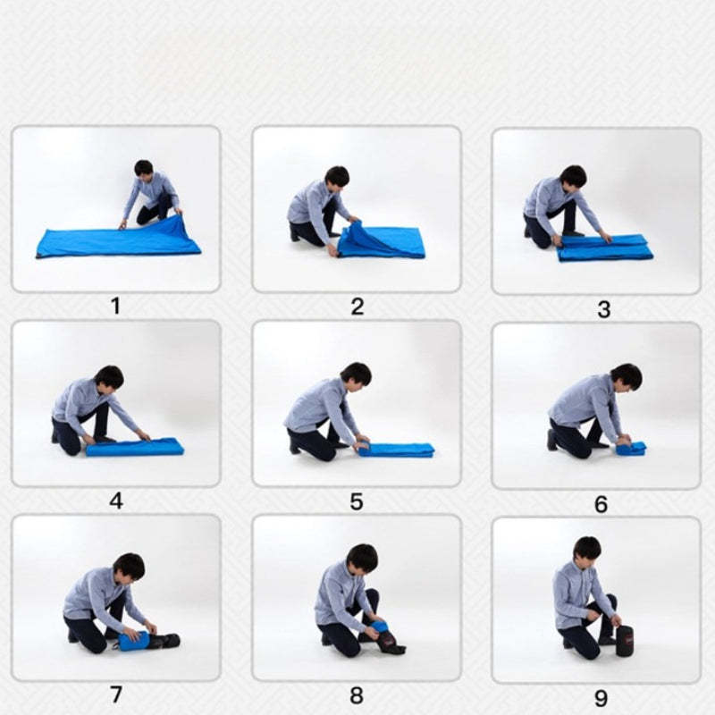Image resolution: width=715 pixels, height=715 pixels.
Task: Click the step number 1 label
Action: (x=116, y=306)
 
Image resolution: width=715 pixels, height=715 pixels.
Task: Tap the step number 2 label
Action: (x=357, y=307)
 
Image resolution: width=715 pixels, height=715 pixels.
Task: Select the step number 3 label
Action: (x=604, y=309)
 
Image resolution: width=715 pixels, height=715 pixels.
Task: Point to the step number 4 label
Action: (x=116, y=500)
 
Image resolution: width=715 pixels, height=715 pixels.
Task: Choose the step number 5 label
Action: (x=357, y=501)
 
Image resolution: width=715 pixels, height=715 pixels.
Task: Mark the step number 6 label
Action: (x=601, y=504)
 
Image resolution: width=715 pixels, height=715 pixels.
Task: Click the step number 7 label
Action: (x=116, y=694)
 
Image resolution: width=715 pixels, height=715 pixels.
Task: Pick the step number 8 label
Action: (x=357, y=695)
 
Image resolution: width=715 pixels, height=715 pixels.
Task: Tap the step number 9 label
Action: (x=601, y=698)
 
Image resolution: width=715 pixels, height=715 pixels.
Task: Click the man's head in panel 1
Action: (x=144, y=169)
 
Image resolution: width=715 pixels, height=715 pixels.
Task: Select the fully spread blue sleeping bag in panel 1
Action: (x=119, y=239)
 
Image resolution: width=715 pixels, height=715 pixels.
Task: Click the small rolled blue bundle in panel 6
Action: (x=631, y=448)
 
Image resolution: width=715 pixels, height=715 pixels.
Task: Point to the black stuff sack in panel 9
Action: (x=625, y=641)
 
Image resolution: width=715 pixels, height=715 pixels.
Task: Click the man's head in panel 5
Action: (x=356, y=374)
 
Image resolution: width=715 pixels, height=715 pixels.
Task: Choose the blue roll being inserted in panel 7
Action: (x=133, y=641)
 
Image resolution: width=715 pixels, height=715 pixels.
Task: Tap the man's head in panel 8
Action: (x=363, y=558)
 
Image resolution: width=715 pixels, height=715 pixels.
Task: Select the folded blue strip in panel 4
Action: (x=135, y=447)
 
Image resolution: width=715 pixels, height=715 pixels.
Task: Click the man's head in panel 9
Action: (x=587, y=550)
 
